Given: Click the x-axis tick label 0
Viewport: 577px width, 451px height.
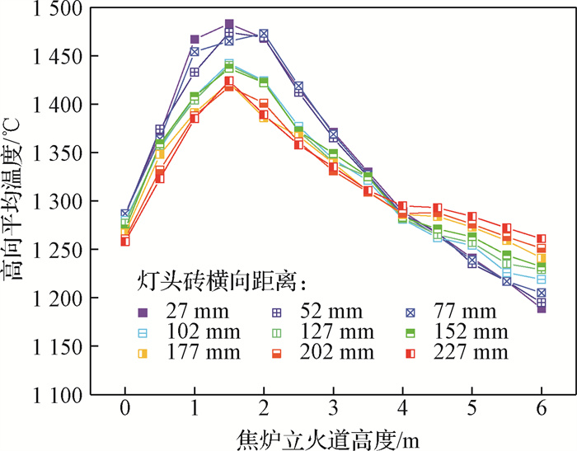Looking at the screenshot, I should point(124,409).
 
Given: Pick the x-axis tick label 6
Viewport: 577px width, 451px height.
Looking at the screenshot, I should point(541,409).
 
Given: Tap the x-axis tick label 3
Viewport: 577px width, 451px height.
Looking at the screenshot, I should point(333,409).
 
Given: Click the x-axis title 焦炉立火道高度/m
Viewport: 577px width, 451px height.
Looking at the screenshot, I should point(332,437).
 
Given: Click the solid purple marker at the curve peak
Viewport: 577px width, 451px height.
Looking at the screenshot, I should point(229,24).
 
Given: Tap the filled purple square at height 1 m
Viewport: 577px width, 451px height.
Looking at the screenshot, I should point(195,39).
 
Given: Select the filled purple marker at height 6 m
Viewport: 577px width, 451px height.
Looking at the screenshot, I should point(541,308).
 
